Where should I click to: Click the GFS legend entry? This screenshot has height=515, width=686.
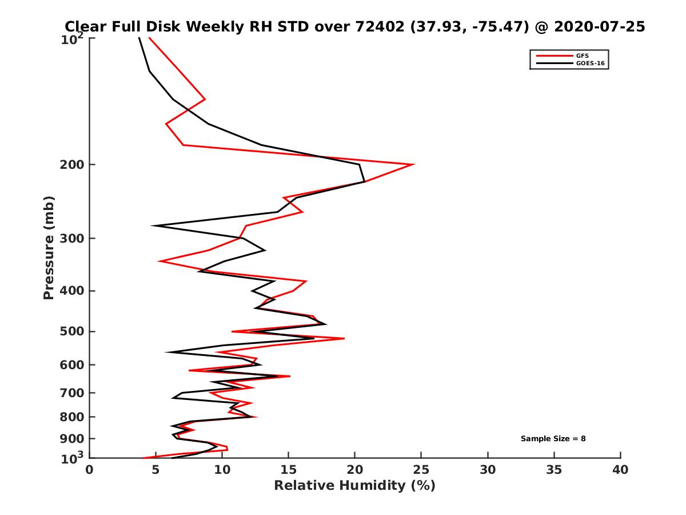coord(581,56)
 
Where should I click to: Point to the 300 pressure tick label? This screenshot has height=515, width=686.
coord(72,239)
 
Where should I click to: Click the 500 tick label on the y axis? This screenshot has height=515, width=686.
coord(72,331)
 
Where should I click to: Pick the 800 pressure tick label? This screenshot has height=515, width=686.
coord(72,417)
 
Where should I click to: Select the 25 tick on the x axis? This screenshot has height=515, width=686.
coord(421,470)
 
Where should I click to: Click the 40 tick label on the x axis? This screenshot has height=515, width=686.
coord(620,470)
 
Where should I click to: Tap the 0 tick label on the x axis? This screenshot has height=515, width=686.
coord(90,470)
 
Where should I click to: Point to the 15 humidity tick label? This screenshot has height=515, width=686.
coord(289,470)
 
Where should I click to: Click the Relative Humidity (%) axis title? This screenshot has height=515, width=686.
coord(354,486)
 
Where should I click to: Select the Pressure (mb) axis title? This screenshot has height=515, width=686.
coord(49,248)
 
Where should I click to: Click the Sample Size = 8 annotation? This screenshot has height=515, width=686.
coord(553,439)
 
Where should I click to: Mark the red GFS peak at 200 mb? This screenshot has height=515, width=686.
coord(413,165)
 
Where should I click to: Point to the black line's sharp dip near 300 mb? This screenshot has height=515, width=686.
coord(153,225)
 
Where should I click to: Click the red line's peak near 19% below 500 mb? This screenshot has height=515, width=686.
coord(344,339)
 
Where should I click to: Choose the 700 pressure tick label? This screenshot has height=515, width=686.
coord(72,393)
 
